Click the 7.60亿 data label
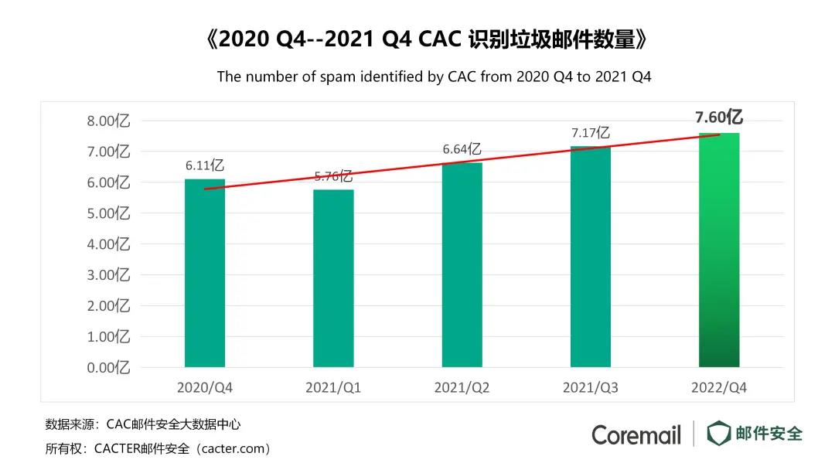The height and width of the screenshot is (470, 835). (719, 117)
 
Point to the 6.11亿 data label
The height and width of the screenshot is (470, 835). (205, 165)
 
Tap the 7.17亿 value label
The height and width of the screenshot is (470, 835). (591, 133)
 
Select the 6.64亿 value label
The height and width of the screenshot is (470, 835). (462, 149)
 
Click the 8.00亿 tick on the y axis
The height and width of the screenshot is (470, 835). (107, 121)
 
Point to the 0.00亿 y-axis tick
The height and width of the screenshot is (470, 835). (107, 367)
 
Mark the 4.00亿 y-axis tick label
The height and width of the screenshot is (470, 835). (107, 244)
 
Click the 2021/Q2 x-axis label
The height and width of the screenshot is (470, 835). (462, 387)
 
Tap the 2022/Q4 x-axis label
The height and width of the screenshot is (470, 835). (719, 387)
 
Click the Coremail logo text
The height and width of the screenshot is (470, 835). (636, 434)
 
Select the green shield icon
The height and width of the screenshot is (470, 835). (718, 434)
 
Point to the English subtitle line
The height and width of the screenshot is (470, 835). (434, 77)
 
